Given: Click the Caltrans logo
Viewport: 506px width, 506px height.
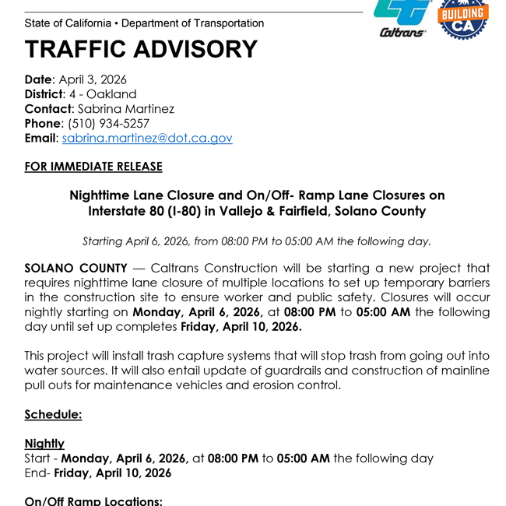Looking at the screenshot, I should (x=402, y=17).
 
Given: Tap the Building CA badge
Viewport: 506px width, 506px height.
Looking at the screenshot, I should (x=463, y=19).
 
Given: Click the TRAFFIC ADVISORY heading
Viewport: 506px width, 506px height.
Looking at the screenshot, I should (x=141, y=50).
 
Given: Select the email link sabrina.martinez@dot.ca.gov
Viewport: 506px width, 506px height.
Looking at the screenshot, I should (x=147, y=138).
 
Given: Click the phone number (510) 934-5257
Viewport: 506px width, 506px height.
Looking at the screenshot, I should (x=109, y=123).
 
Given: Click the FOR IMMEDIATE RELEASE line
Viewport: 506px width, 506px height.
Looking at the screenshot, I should (x=93, y=167).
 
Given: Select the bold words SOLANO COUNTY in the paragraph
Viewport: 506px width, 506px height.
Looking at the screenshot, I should (x=76, y=268).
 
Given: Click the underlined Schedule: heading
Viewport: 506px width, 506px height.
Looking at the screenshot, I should (x=53, y=414).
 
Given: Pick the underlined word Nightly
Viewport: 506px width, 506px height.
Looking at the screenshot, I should (x=44, y=444).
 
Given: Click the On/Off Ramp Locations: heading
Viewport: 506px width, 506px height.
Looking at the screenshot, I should (x=93, y=501).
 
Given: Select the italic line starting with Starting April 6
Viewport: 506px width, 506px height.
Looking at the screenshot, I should (x=257, y=241).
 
